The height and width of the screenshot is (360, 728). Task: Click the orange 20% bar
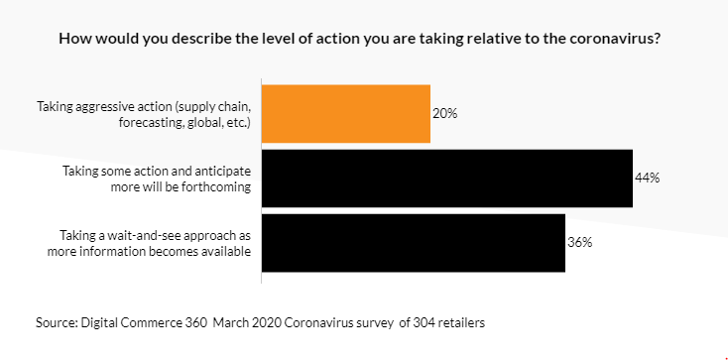tap(345, 114)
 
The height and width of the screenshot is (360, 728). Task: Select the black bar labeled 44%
tap(446, 179)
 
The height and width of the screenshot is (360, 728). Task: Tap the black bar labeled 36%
tap(413, 243)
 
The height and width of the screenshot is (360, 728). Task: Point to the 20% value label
tap(444, 114)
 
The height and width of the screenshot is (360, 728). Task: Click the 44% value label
tap(647, 179)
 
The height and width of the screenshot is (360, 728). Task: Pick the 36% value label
tap(579, 243)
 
